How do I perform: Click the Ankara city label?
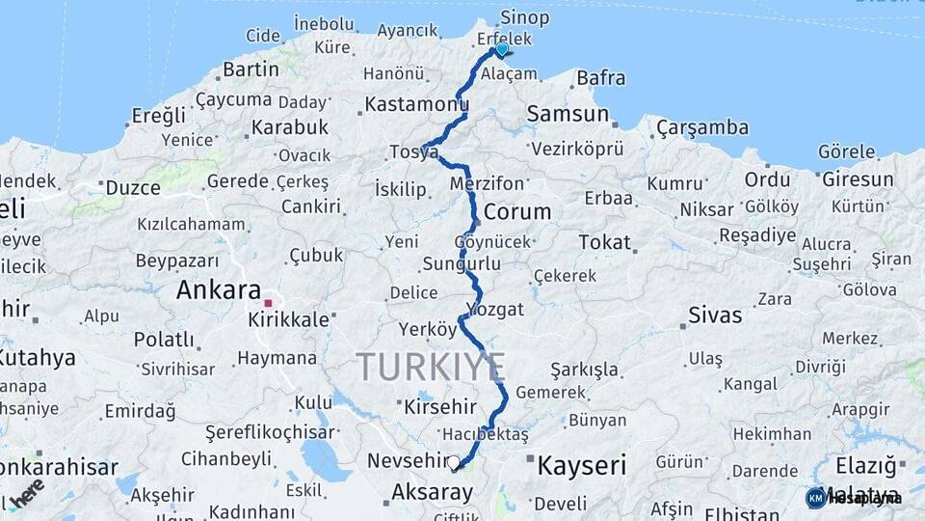point(219,289)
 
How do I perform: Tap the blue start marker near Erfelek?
point(501,49)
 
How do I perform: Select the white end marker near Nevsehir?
point(454,463)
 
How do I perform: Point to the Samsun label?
point(568,114)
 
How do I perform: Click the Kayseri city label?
point(581,466)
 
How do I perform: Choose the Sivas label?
point(715,315)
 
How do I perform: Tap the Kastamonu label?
point(416,102)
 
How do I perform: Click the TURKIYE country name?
point(430,367)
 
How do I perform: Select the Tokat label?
point(605,242)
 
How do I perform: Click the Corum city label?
point(517,211)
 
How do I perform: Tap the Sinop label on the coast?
point(525,17)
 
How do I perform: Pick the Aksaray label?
point(432,493)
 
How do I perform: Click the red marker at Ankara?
point(268,303)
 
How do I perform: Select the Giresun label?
point(858,179)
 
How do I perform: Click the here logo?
point(26,492)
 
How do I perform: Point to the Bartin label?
point(251,69)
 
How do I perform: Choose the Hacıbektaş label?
point(486,435)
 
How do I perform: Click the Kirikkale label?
point(288,318)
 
